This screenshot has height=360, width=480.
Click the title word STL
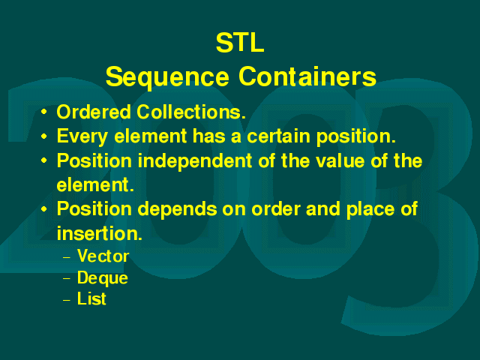pyautogui.click(x=240, y=43)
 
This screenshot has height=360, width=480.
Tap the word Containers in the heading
pyautogui.click(x=307, y=76)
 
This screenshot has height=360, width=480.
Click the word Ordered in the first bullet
pyautogui.click(x=94, y=112)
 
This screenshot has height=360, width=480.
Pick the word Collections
pyautogui.click(x=191, y=112)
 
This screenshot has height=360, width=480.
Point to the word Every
pyautogui.click(x=82, y=136)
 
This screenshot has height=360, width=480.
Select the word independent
pyautogui.click(x=195, y=161)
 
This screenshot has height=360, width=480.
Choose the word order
pyautogui.click(x=276, y=209)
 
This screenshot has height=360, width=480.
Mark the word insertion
pyautogui.click(x=100, y=233)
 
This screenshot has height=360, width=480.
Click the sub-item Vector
pyautogui.click(x=103, y=256)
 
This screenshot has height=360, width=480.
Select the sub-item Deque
pyautogui.click(x=103, y=278)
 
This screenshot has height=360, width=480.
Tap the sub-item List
pyautogui.click(x=91, y=298)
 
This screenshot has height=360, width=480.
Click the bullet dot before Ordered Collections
pyautogui.click(x=44, y=112)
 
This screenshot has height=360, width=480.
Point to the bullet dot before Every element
pyautogui.click(x=44, y=136)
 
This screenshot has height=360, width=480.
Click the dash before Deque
pyautogui.click(x=67, y=279)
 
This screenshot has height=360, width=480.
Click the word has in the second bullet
pyautogui.click(x=209, y=136)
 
